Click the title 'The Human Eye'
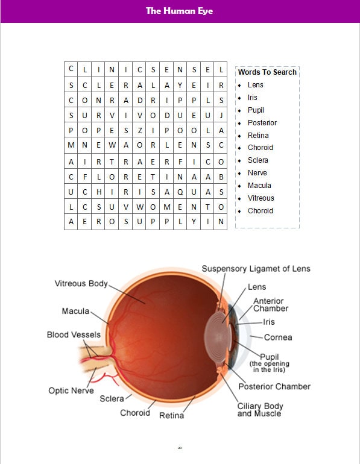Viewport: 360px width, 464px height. (179, 11)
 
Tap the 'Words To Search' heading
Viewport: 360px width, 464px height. (267, 72)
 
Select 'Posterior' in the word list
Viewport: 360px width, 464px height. (262, 123)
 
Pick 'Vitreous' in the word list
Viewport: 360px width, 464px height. (261, 198)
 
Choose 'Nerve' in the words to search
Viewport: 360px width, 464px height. (257, 173)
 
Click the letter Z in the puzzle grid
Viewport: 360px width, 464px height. (139, 131)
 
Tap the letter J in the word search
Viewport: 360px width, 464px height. (221, 116)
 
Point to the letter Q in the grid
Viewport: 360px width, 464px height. (180, 192)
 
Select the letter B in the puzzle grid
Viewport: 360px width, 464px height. (221, 177)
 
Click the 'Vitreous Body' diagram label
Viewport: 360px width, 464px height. (81, 283)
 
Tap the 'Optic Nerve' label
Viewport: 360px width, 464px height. (71, 390)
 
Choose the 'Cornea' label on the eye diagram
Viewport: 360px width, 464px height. (278, 337)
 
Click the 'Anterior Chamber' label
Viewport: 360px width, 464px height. (270, 305)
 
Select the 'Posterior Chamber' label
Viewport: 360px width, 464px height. (274, 386)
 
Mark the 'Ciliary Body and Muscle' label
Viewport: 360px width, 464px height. (259, 410)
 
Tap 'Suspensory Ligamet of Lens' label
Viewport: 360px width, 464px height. (256, 269)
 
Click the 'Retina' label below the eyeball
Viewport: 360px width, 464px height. (171, 416)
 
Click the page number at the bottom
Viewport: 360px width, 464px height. (180, 448)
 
